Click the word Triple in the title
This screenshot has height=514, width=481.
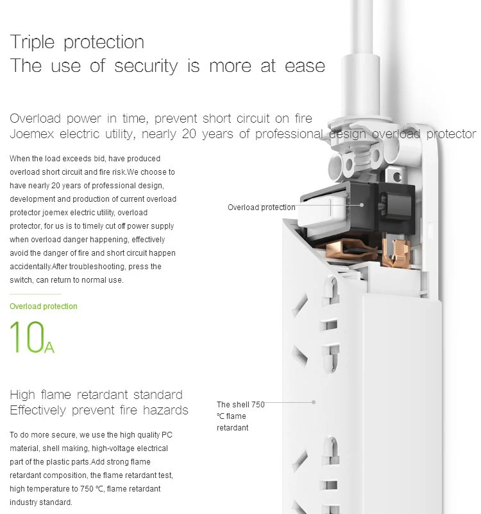(32, 42)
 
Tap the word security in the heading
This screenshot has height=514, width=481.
(146, 66)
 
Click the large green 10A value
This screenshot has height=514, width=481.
(31, 337)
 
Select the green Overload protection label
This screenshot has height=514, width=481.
(44, 306)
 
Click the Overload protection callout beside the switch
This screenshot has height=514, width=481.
(262, 208)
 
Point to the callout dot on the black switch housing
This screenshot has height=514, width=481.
(362, 205)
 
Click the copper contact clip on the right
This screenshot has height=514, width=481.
(396, 253)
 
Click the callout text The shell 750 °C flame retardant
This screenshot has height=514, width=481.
(240, 416)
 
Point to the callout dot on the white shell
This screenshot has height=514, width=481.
(314, 402)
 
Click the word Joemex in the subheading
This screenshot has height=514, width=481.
(31, 134)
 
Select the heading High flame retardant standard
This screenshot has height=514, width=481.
(96, 394)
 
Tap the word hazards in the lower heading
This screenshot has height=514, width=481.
(165, 411)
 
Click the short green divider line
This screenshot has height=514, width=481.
(35, 294)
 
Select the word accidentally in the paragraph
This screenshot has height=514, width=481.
(30, 267)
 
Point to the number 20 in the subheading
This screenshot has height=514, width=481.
(189, 134)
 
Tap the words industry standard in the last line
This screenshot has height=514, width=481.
(40, 502)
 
